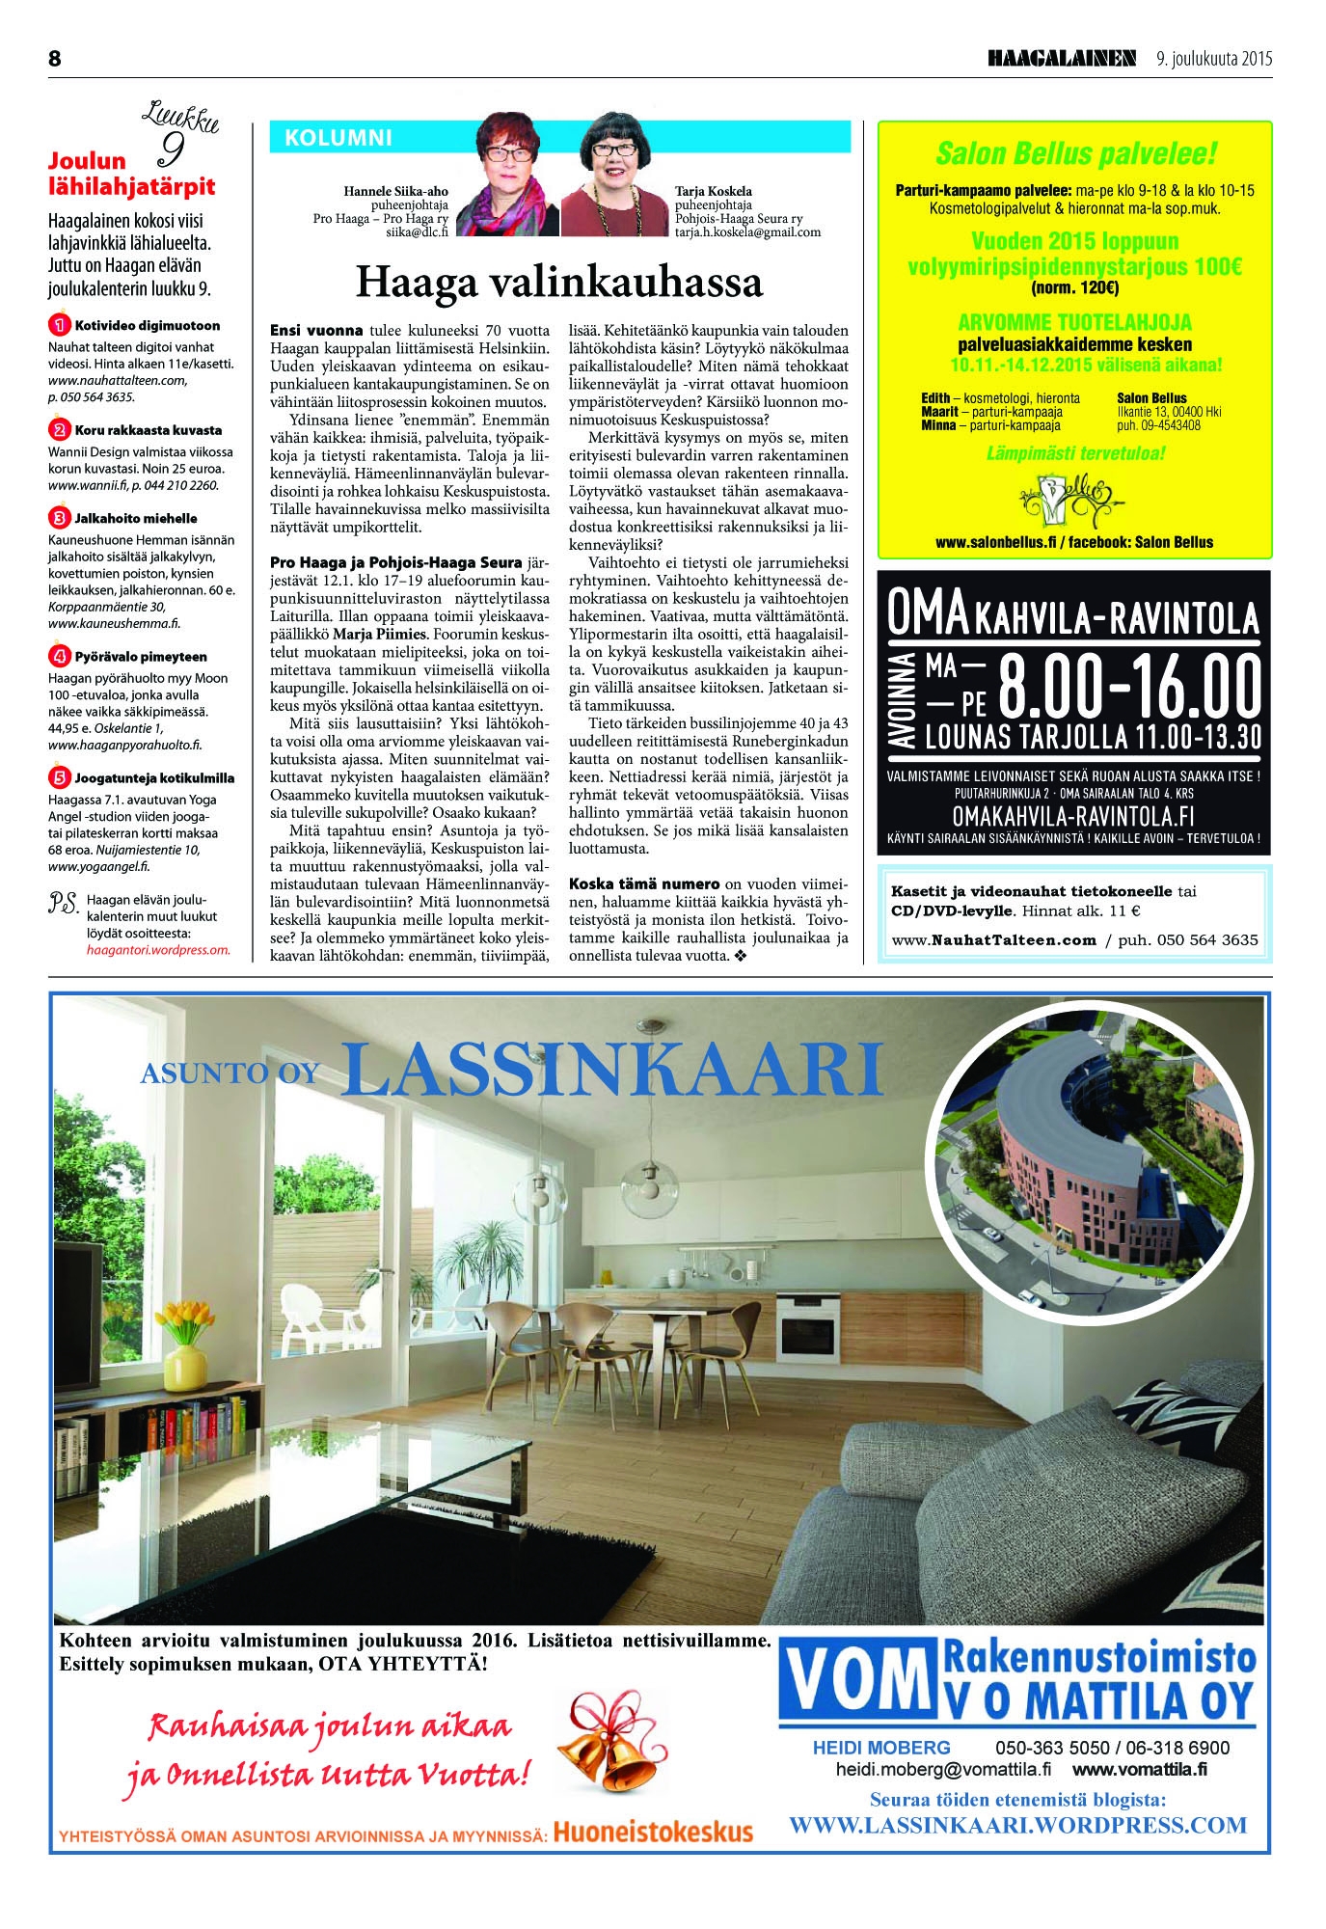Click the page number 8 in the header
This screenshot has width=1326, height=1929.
pos(55,59)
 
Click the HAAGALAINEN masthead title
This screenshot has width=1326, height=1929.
pos(1062,59)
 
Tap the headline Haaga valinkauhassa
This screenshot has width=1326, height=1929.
pos(559,283)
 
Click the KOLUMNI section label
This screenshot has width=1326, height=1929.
pos(338,138)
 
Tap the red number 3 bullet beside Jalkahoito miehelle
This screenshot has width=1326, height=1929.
pos(59,518)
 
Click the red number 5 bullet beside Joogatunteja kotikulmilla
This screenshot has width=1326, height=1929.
pos(59,777)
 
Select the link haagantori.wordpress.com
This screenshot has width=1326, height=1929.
pos(158,949)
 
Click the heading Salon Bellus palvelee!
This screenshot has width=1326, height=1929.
pos(1075,154)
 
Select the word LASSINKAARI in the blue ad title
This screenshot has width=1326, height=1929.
pos(611,1072)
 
